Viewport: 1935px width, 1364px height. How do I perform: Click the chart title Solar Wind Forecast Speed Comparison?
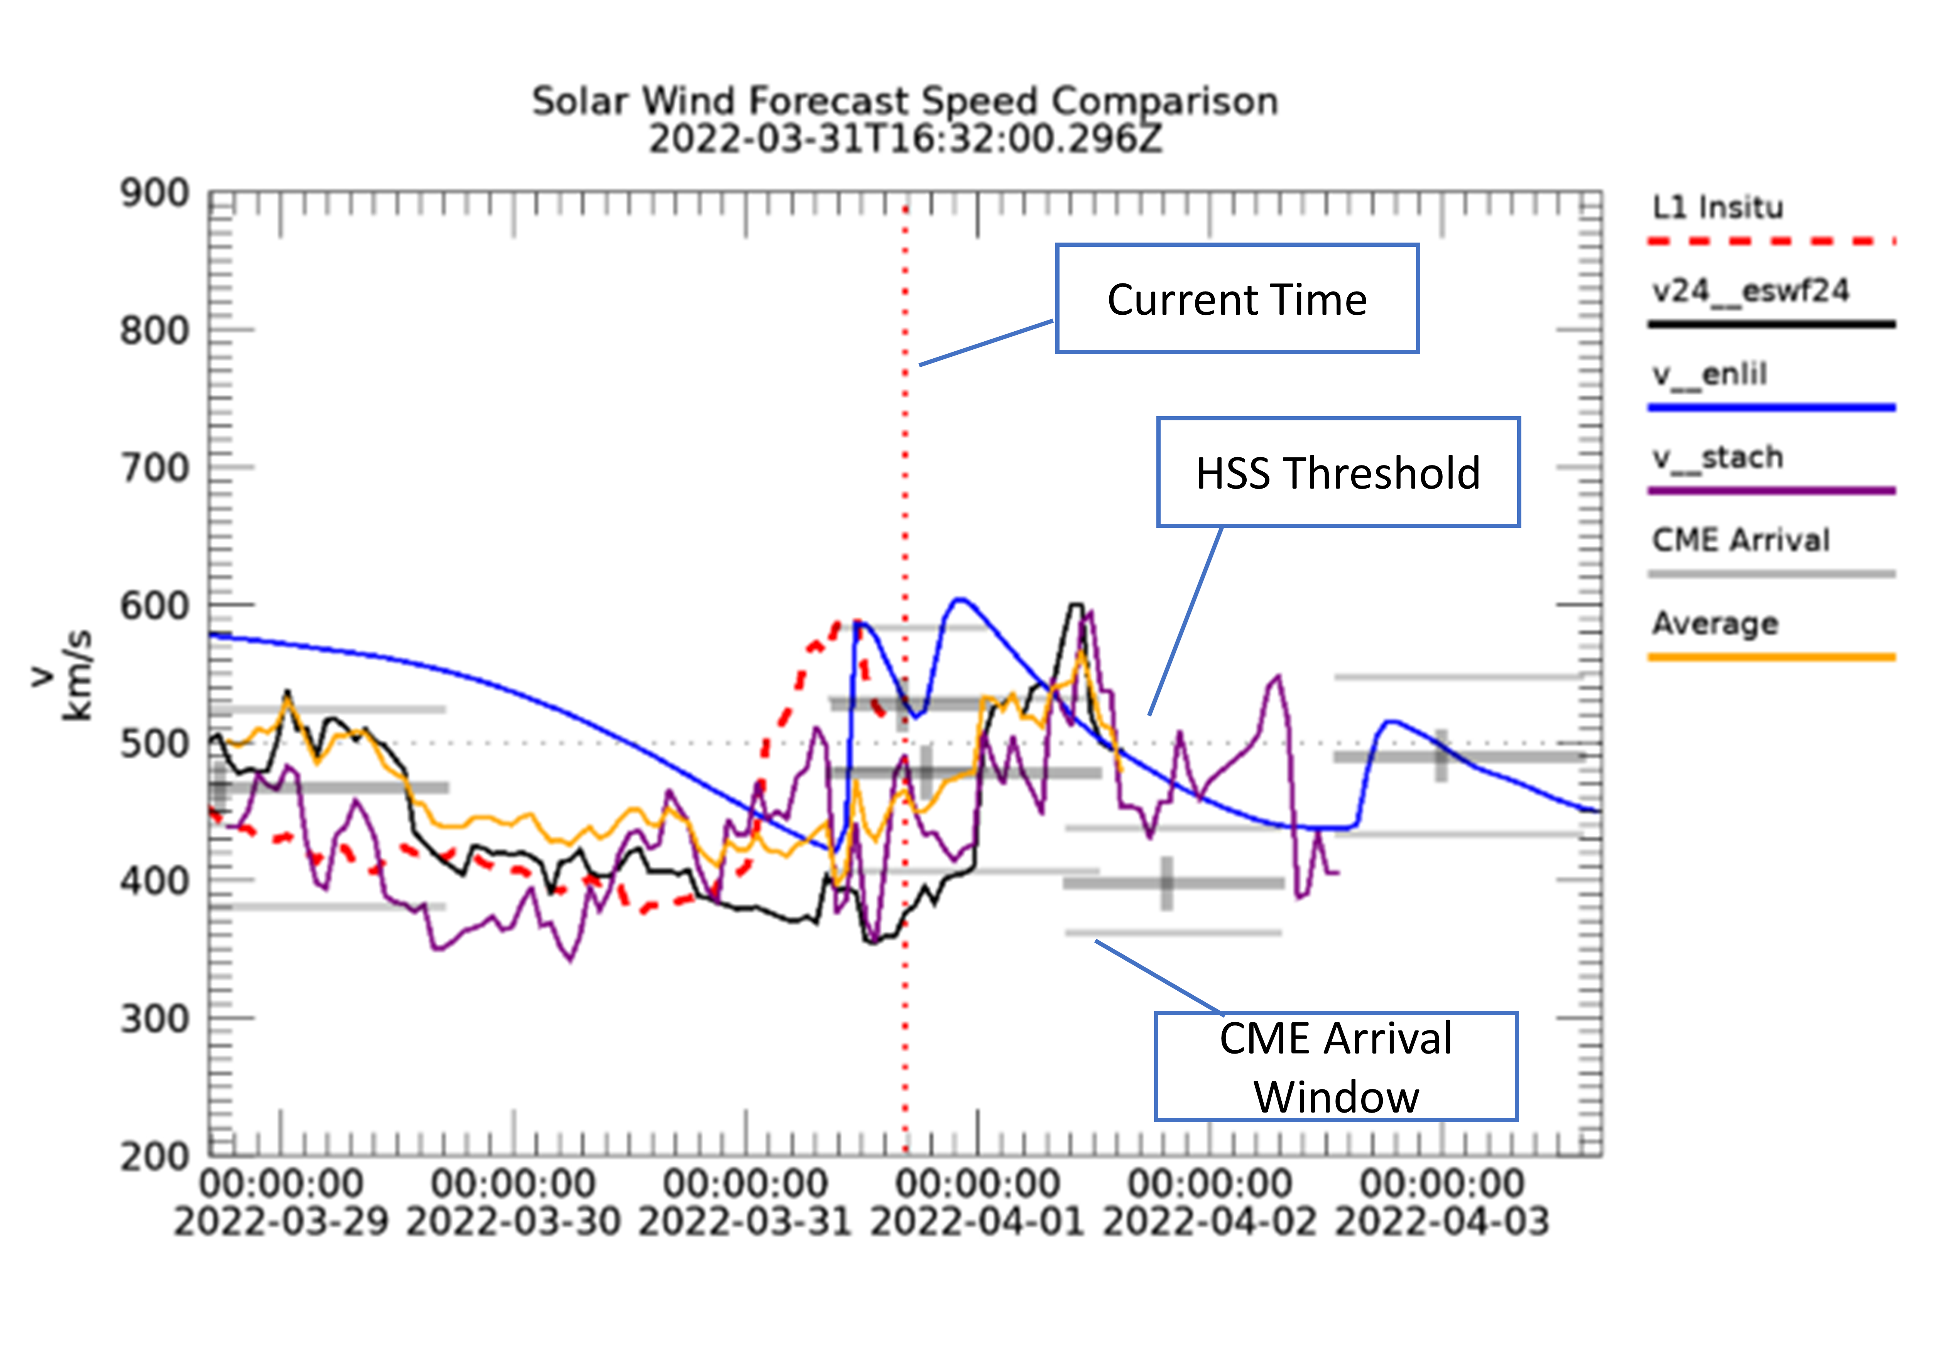point(904,101)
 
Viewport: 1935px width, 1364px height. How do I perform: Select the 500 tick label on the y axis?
point(154,744)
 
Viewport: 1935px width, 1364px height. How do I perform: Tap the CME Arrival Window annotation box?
point(1336,1067)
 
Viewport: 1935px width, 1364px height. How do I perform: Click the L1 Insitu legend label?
point(1717,207)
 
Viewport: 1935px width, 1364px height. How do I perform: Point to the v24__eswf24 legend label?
point(1751,291)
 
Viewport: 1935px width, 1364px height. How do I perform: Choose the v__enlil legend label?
point(1709,374)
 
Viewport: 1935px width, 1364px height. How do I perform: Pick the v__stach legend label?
point(1717,457)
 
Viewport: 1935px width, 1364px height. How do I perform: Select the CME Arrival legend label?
point(1741,540)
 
